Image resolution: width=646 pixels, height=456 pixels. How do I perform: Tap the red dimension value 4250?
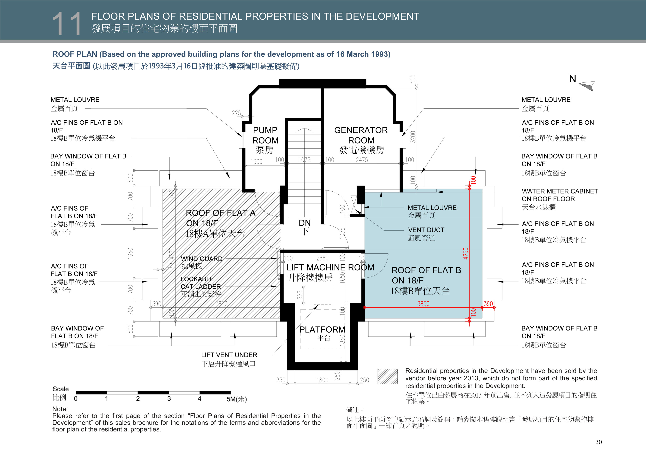pyautogui.click(x=466, y=253)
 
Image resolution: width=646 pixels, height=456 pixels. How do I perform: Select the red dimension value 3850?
pyautogui.click(x=423, y=304)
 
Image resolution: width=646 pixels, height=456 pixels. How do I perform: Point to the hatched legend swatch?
pyautogui.click(x=388, y=376)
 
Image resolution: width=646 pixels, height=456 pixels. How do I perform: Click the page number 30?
pyautogui.click(x=598, y=442)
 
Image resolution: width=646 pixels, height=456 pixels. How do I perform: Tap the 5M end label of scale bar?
pyautogui.click(x=237, y=399)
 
